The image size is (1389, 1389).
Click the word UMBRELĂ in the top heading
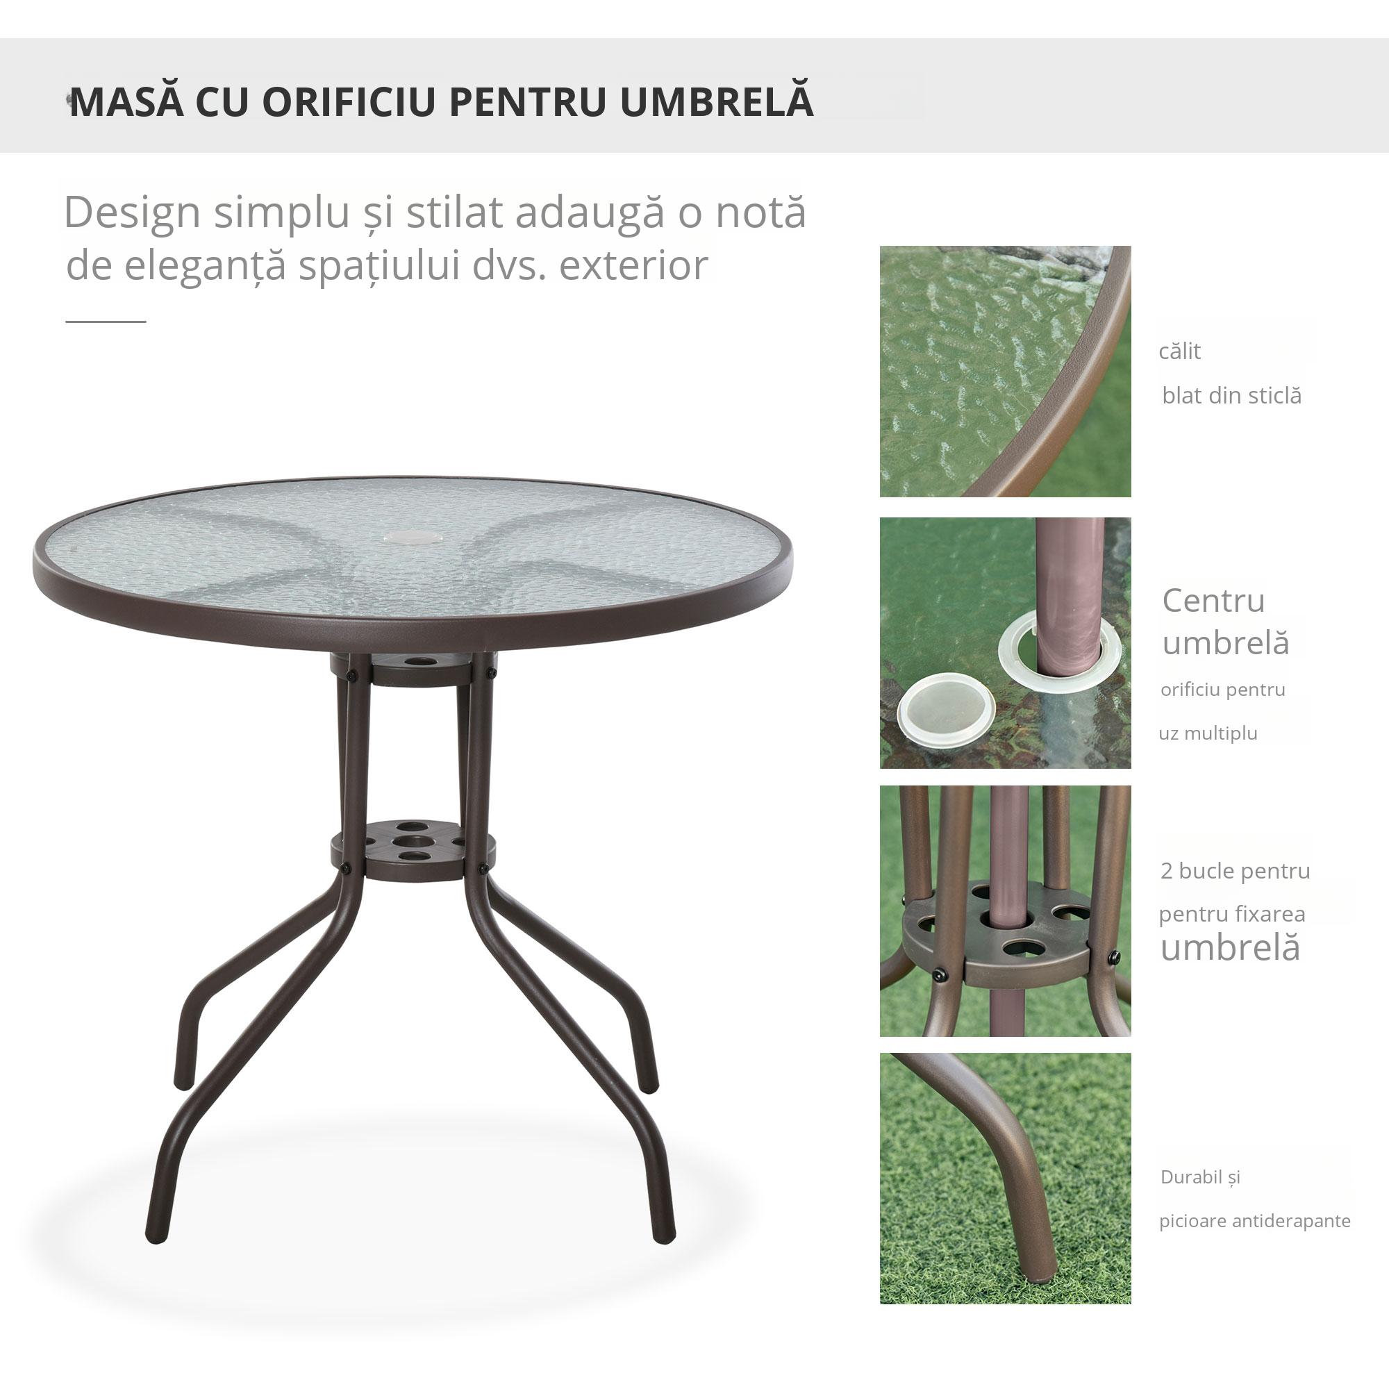(716, 102)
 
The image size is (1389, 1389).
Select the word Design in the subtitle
(131, 213)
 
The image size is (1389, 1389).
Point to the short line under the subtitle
(106, 322)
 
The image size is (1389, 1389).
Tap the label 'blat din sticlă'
(1231, 395)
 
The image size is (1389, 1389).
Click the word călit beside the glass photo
(1179, 351)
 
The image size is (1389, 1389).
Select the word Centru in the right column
(1213, 601)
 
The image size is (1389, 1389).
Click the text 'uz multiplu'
(1208, 733)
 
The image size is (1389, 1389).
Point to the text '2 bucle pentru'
(1235, 871)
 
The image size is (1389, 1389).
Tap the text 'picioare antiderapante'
(1254, 1221)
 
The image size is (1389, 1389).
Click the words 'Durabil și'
(1200, 1177)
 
